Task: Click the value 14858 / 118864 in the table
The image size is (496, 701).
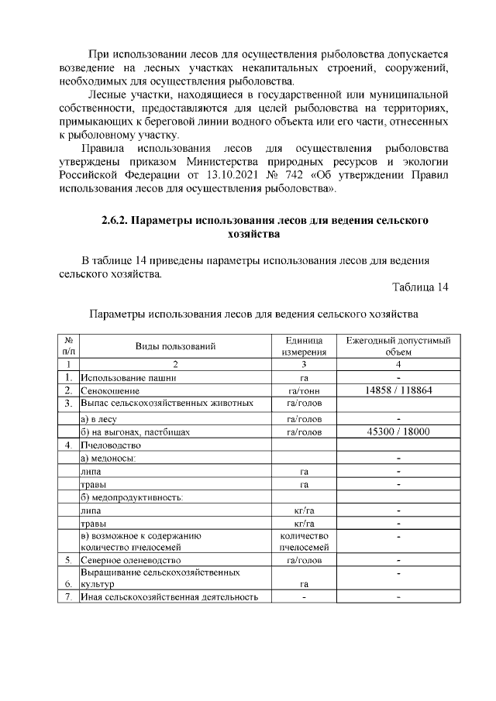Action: point(398,390)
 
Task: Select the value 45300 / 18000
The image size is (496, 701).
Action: point(398,432)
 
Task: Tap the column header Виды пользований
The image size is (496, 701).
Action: point(175,346)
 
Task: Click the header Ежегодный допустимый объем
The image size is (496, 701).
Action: point(398,346)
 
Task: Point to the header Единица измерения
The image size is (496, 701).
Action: point(304,346)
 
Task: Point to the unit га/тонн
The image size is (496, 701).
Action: point(304,391)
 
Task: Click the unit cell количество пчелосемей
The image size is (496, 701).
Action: point(304,541)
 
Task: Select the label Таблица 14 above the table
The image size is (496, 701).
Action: point(420,288)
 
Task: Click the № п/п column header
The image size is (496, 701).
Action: point(68,346)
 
